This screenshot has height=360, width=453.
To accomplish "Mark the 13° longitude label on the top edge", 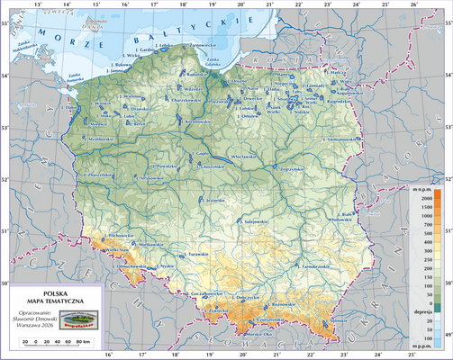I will (36, 5).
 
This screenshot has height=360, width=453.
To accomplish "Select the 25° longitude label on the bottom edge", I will (385, 355).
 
